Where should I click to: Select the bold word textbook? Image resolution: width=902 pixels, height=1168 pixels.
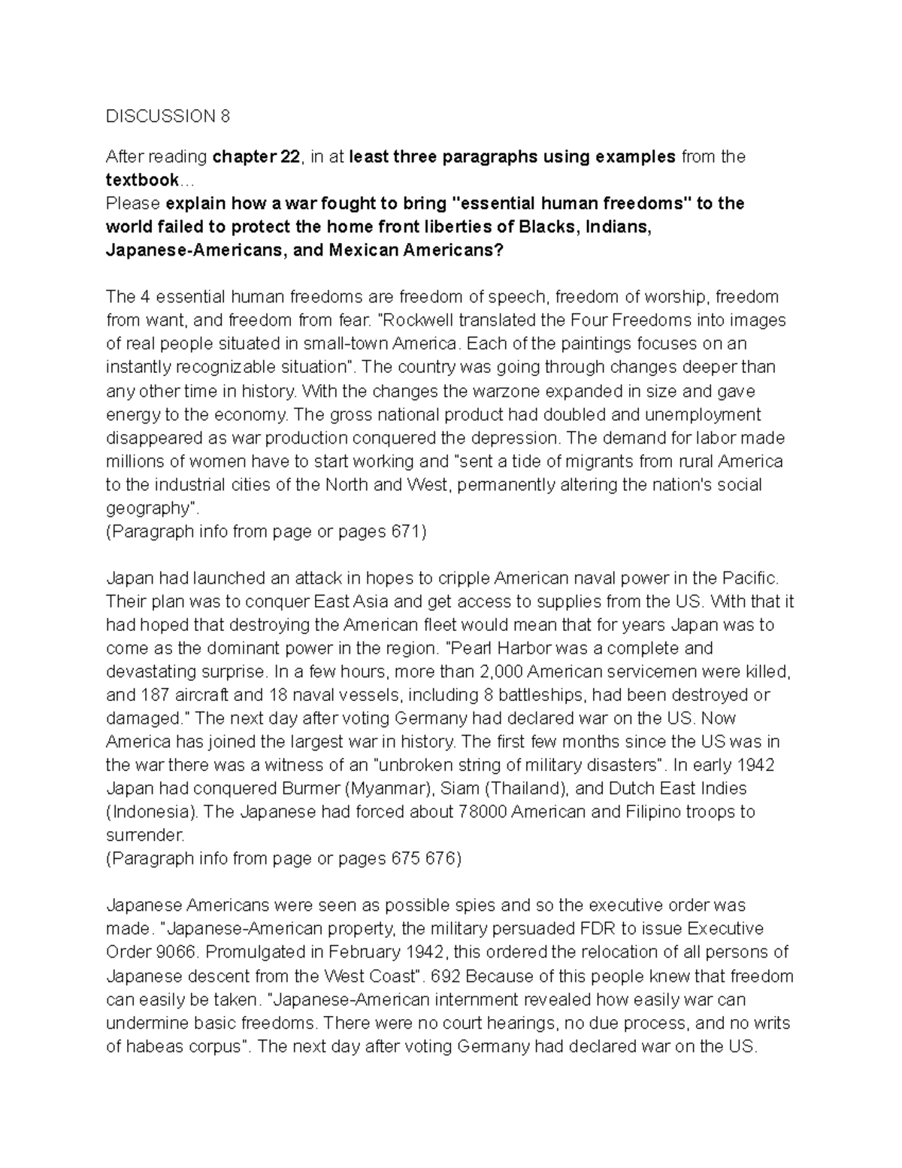coord(142,180)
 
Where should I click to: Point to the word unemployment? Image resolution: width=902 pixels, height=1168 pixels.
coord(703,414)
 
